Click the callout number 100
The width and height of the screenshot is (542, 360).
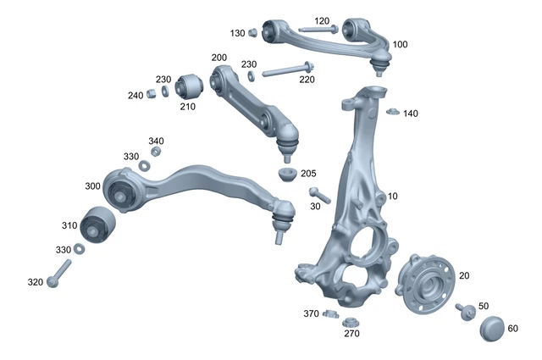400,44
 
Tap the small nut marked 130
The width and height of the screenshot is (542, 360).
252,33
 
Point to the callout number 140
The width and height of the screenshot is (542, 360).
411,114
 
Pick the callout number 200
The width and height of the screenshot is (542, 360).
219,58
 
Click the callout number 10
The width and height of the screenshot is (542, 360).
392,197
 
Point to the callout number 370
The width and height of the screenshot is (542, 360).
311,313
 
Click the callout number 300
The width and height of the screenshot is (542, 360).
91,186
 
